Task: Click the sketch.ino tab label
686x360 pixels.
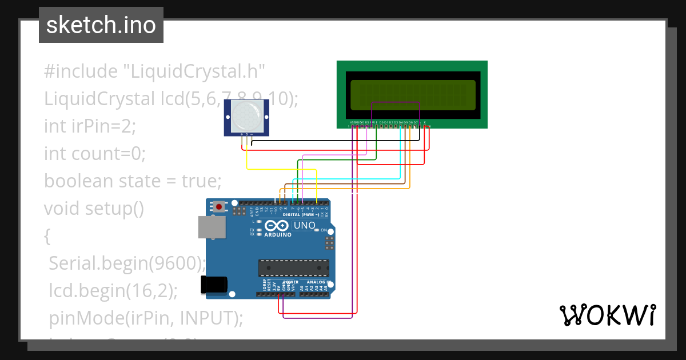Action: [x=101, y=25]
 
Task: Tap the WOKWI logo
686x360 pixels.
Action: [x=607, y=315]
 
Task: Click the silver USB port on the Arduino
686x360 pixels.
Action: [x=212, y=227]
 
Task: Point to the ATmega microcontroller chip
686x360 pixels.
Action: [x=294, y=267]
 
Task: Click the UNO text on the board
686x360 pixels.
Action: [x=304, y=226]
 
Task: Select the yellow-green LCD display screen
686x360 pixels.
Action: [x=413, y=95]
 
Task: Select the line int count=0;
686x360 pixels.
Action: [x=95, y=153]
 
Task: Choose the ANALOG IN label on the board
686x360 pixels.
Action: [x=318, y=282]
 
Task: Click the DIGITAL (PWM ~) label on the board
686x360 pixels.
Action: [x=309, y=215]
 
